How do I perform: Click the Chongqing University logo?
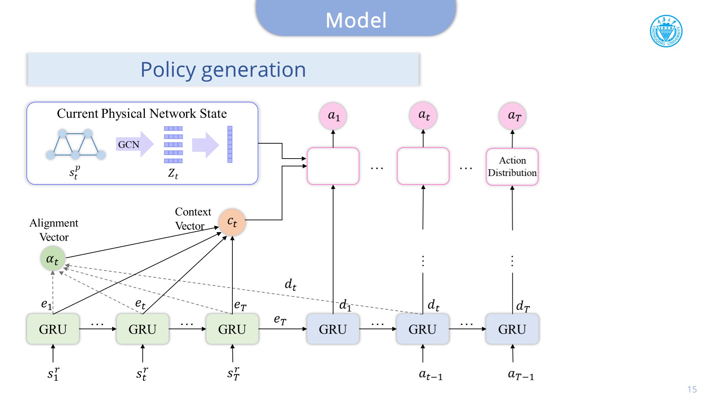tap(666, 31)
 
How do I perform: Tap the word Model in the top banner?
tap(356, 20)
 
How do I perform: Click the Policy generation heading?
tap(223, 70)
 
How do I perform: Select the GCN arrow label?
tap(129, 144)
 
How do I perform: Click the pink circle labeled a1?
tap(333, 116)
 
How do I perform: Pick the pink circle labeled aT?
tap(512, 116)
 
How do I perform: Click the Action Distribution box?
tap(512, 166)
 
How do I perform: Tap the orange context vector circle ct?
tap(232, 222)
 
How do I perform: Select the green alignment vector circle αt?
tap(53, 259)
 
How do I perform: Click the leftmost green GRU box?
tap(53, 329)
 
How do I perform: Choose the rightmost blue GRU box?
tap(512, 329)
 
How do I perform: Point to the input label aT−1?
tap(521, 374)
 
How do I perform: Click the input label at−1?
tap(431, 374)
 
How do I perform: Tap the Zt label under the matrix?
tap(173, 174)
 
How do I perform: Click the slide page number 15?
tap(692, 389)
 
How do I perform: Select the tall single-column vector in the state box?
tap(230, 144)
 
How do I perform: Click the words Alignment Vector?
tap(54, 230)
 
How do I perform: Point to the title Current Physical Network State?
tap(142, 113)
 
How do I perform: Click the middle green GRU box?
tap(142, 329)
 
